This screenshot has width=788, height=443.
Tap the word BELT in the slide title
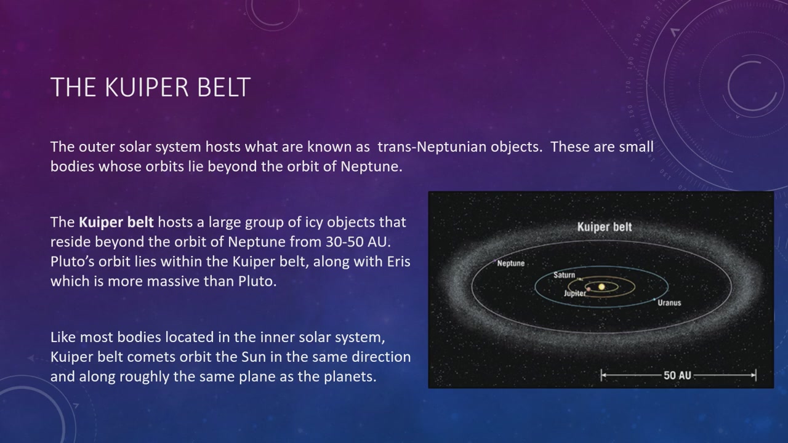pos(224,87)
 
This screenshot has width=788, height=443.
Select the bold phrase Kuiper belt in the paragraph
pos(116,222)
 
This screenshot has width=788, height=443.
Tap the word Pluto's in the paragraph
pos(72,261)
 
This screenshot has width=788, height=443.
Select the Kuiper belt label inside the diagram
pos(605,227)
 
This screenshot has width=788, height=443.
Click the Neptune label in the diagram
pos(511,263)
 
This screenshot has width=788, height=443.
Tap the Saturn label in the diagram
pos(565,275)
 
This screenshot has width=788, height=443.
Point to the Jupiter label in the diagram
pos(575,293)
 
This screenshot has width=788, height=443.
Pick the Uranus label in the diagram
pos(669,303)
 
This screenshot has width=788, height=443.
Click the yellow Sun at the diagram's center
pos(601,287)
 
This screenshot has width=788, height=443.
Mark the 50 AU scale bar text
pos(677,375)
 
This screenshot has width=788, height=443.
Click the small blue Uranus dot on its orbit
pos(654,300)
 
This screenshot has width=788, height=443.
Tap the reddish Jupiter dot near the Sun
pos(589,289)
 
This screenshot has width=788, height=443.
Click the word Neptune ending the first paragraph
pos(371,167)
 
